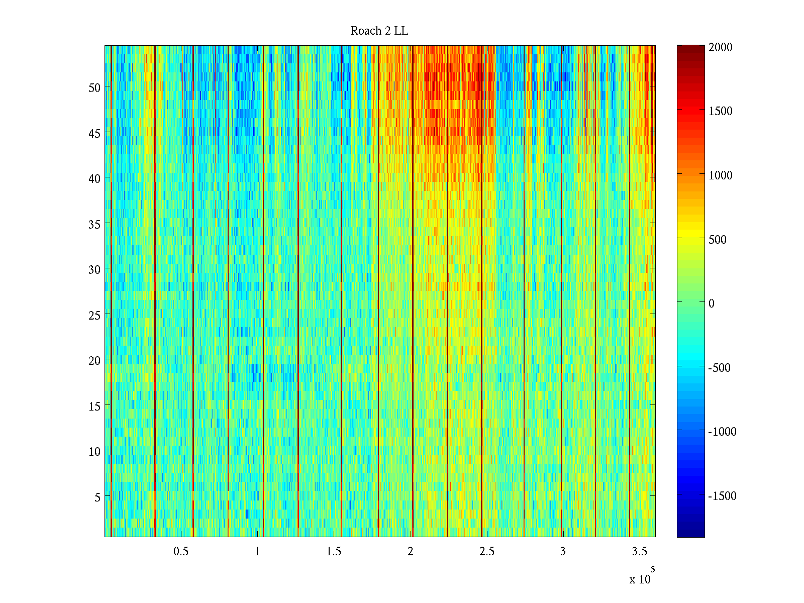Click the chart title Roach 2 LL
(x=379, y=31)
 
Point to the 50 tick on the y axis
(x=94, y=87)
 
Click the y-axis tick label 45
(x=94, y=133)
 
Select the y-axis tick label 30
(x=94, y=270)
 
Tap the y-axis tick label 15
(x=94, y=406)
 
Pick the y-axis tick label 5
(x=97, y=497)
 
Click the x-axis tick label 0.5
(x=181, y=552)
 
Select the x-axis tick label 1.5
(x=334, y=552)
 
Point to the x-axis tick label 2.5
(x=486, y=552)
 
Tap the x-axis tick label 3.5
(x=639, y=552)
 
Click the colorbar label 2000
(x=721, y=47)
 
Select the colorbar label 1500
(x=721, y=111)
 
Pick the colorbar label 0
(x=712, y=304)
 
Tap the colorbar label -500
(x=719, y=368)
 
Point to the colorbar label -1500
(x=722, y=496)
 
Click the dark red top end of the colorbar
(x=690, y=48)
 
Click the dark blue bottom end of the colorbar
(x=690, y=534)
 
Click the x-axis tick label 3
(x=563, y=552)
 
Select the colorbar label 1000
(x=721, y=175)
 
